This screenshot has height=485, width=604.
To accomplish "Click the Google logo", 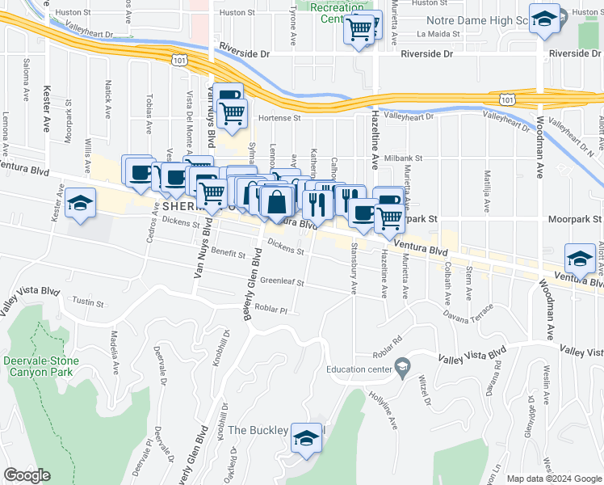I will click(27, 475).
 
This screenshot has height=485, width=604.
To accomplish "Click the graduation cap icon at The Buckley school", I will click(306, 439).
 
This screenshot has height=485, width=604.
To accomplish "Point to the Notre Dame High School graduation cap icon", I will click(545, 19).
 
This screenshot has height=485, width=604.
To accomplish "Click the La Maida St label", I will click(438, 35).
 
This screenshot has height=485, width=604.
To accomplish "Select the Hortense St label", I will click(279, 117).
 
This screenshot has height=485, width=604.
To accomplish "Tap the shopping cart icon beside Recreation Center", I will click(359, 31).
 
